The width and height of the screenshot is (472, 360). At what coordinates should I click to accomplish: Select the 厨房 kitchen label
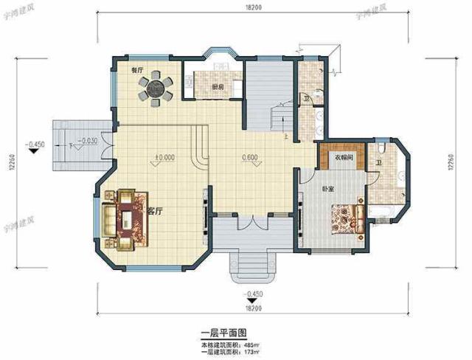point(217,88)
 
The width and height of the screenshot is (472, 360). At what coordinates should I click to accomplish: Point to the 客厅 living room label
point(155,211)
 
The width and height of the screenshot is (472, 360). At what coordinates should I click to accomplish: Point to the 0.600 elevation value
point(249,157)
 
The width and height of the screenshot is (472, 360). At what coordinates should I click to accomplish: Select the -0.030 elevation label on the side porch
point(88,140)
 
